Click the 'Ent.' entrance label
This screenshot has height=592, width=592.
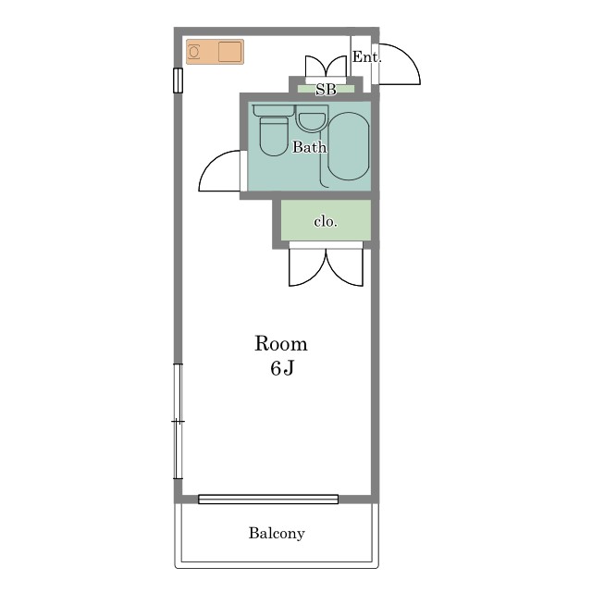pos(366,57)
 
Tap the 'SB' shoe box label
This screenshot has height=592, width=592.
pos(326,90)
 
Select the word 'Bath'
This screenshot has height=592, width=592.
pos(309,147)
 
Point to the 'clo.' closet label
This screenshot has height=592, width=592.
pos(326,221)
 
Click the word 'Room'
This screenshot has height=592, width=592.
pos(281,343)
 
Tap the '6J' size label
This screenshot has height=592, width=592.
pos(281,368)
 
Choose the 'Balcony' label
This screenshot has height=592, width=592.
pos(277,533)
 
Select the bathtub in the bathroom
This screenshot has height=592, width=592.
pos(348,146)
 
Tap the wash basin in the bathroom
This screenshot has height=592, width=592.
pos(312,118)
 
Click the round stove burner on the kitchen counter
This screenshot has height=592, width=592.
pos(194,52)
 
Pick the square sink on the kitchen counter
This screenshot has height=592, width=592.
pos(229,52)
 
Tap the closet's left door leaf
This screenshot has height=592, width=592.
pos(307,267)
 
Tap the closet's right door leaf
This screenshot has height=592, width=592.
pos(345,267)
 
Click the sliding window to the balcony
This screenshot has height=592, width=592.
pos(268,499)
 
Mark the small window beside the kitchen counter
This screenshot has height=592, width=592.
pos(178,80)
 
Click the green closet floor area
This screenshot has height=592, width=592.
pos(326,220)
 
